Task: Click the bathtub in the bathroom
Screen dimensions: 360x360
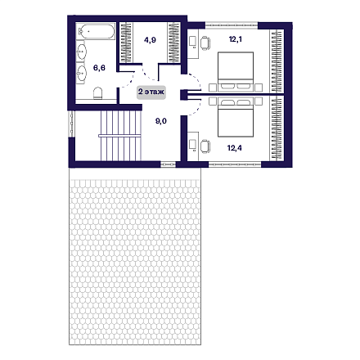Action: (96, 32)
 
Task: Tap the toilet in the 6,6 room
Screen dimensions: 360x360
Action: (97, 93)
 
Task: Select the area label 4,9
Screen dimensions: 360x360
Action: (150, 40)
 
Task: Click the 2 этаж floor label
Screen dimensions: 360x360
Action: (151, 92)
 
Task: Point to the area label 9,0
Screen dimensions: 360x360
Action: (161, 121)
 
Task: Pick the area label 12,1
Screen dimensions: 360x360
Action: (236, 39)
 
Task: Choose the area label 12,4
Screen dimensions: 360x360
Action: (235, 148)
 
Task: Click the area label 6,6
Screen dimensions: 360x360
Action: (99, 68)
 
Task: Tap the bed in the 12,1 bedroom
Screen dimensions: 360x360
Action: (236, 71)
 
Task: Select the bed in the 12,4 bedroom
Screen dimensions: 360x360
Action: (236, 118)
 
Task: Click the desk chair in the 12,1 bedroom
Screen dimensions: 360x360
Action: (205, 43)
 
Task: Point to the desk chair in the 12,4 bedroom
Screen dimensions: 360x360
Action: (205, 146)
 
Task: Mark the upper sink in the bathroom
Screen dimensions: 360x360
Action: (82, 52)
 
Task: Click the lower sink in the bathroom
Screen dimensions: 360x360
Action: (82, 73)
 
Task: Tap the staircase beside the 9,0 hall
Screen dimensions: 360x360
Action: (120, 136)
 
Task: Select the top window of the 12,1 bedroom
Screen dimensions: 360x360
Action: (232, 25)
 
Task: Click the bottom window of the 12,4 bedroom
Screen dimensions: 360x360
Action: (235, 164)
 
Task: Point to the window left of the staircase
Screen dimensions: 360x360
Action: (71, 124)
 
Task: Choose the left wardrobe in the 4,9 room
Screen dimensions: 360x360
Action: (126, 43)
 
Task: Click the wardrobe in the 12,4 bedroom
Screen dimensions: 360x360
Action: (277, 128)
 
